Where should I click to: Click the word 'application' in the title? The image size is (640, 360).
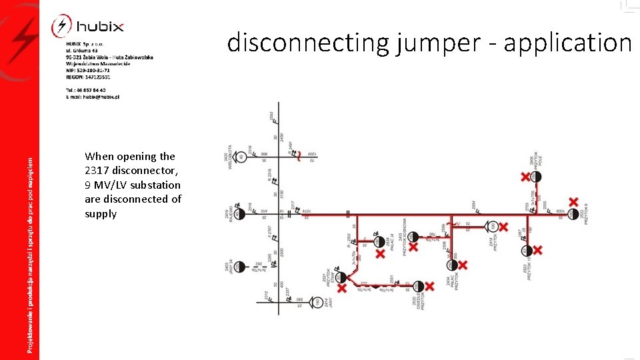(567, 43)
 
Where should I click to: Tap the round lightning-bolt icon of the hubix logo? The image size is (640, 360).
(61, 27)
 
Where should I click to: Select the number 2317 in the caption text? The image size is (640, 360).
(98, 171)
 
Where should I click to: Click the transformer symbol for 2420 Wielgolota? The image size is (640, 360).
(240, 157)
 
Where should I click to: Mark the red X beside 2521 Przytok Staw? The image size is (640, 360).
(342, 287)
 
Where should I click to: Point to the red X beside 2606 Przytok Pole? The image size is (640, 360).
(525, 177)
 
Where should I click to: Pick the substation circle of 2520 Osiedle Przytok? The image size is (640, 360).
(418, 287)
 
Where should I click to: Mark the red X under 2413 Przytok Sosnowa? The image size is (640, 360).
(413, 247)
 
